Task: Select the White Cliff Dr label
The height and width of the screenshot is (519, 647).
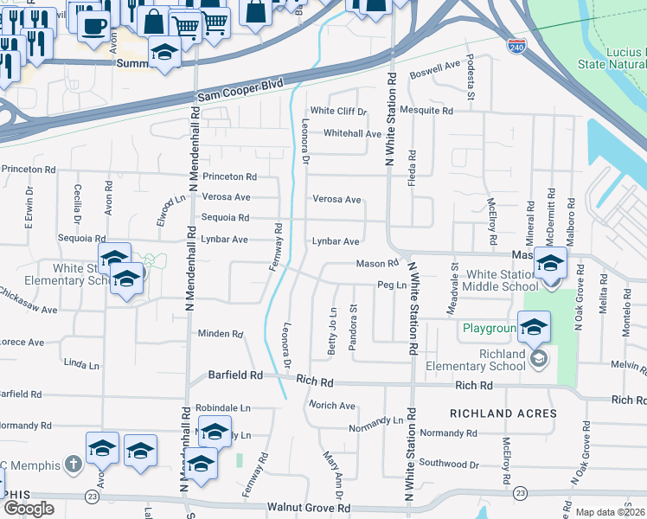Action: pyautogui.click(x=339, y=112)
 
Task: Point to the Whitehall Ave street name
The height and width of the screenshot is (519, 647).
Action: pyautogui.click(x=352, y=134)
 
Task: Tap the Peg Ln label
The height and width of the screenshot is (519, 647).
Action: pyautogui.click(x=391, y=285)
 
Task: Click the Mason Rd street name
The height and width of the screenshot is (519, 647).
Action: pyautogui.click(x=376, y=264)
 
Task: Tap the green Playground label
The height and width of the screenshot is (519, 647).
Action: pyautogui.click(x=490, y=329)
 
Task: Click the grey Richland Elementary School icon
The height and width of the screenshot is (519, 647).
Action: pyautogui.click(x=539, y=358)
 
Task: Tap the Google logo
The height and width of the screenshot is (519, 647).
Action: pyautogui.click(x=29, y=509)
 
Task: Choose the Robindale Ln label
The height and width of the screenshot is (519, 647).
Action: pyautogui.click(x=222, y=407)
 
